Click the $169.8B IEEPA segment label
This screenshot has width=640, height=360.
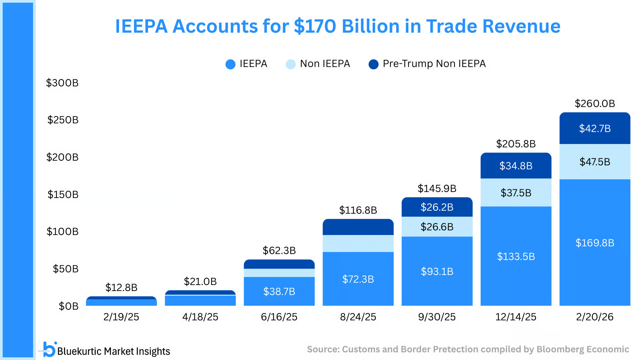595,243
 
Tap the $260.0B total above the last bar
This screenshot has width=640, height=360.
595,103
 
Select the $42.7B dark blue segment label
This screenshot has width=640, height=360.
595,128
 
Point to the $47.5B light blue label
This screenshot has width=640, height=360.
595,162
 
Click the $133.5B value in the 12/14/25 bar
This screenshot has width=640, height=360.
516,256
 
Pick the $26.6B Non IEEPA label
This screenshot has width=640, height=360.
437,227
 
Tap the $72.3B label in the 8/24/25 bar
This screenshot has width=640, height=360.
358,279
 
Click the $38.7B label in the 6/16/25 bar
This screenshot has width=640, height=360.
279,291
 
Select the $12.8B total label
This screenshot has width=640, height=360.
121,287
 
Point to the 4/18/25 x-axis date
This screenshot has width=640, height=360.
200,317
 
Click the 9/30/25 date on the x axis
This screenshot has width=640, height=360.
437,317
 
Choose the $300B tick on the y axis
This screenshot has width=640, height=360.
62,83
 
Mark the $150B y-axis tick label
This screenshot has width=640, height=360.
63,194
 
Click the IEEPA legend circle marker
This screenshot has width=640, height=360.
230,64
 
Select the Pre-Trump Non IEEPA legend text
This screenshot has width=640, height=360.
434,64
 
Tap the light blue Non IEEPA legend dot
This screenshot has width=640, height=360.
291,64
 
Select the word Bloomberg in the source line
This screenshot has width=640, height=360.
560,349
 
